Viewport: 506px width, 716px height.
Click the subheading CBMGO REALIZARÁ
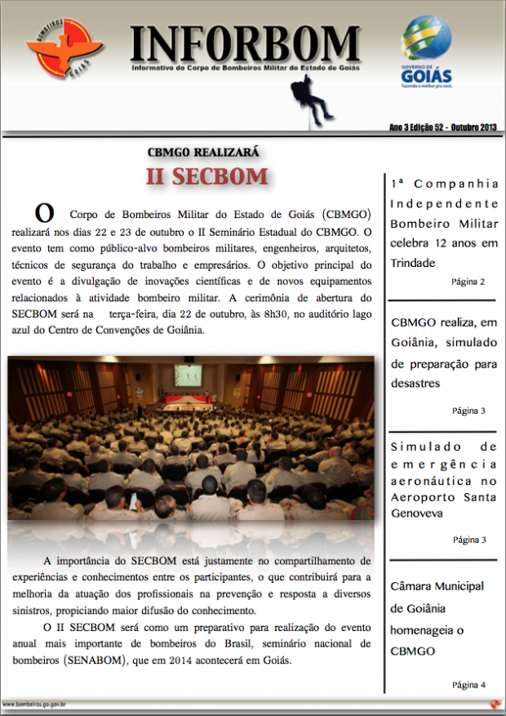[202, 152]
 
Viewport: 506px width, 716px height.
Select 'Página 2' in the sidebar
[468, 282]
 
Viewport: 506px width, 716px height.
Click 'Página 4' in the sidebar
[468, 684]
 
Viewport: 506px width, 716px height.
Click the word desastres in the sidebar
[415, 382]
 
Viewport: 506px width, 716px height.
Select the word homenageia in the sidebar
[424, 629]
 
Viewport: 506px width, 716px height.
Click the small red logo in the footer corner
[494, 704]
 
